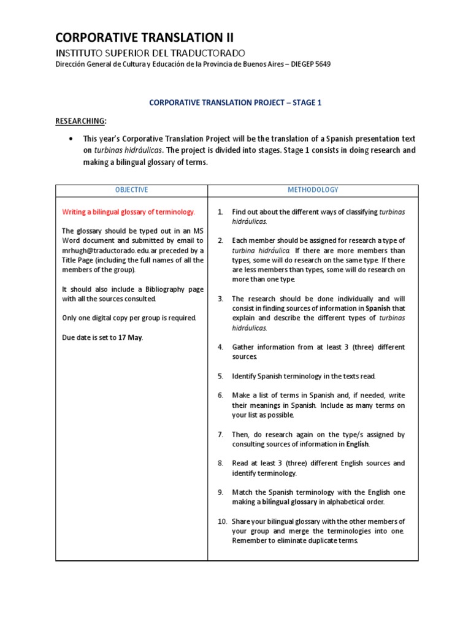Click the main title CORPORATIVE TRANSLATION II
click(x=144, y=37)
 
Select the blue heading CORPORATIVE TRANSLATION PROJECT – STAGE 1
click(x=235, y=103)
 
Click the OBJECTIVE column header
click(x=131, y=190)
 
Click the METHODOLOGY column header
click(x=313, y=190)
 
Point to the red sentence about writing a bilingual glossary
click(x=129, y=212)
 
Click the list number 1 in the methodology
click(x=220, y=212)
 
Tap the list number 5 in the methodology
click(x=220, y=376)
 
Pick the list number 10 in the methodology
click(x=222, y=521)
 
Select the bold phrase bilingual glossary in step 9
click(x=290, y=502)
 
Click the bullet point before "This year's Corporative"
click(x=73, y=139)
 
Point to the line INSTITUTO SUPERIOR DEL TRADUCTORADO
click(x=150, y=53)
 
